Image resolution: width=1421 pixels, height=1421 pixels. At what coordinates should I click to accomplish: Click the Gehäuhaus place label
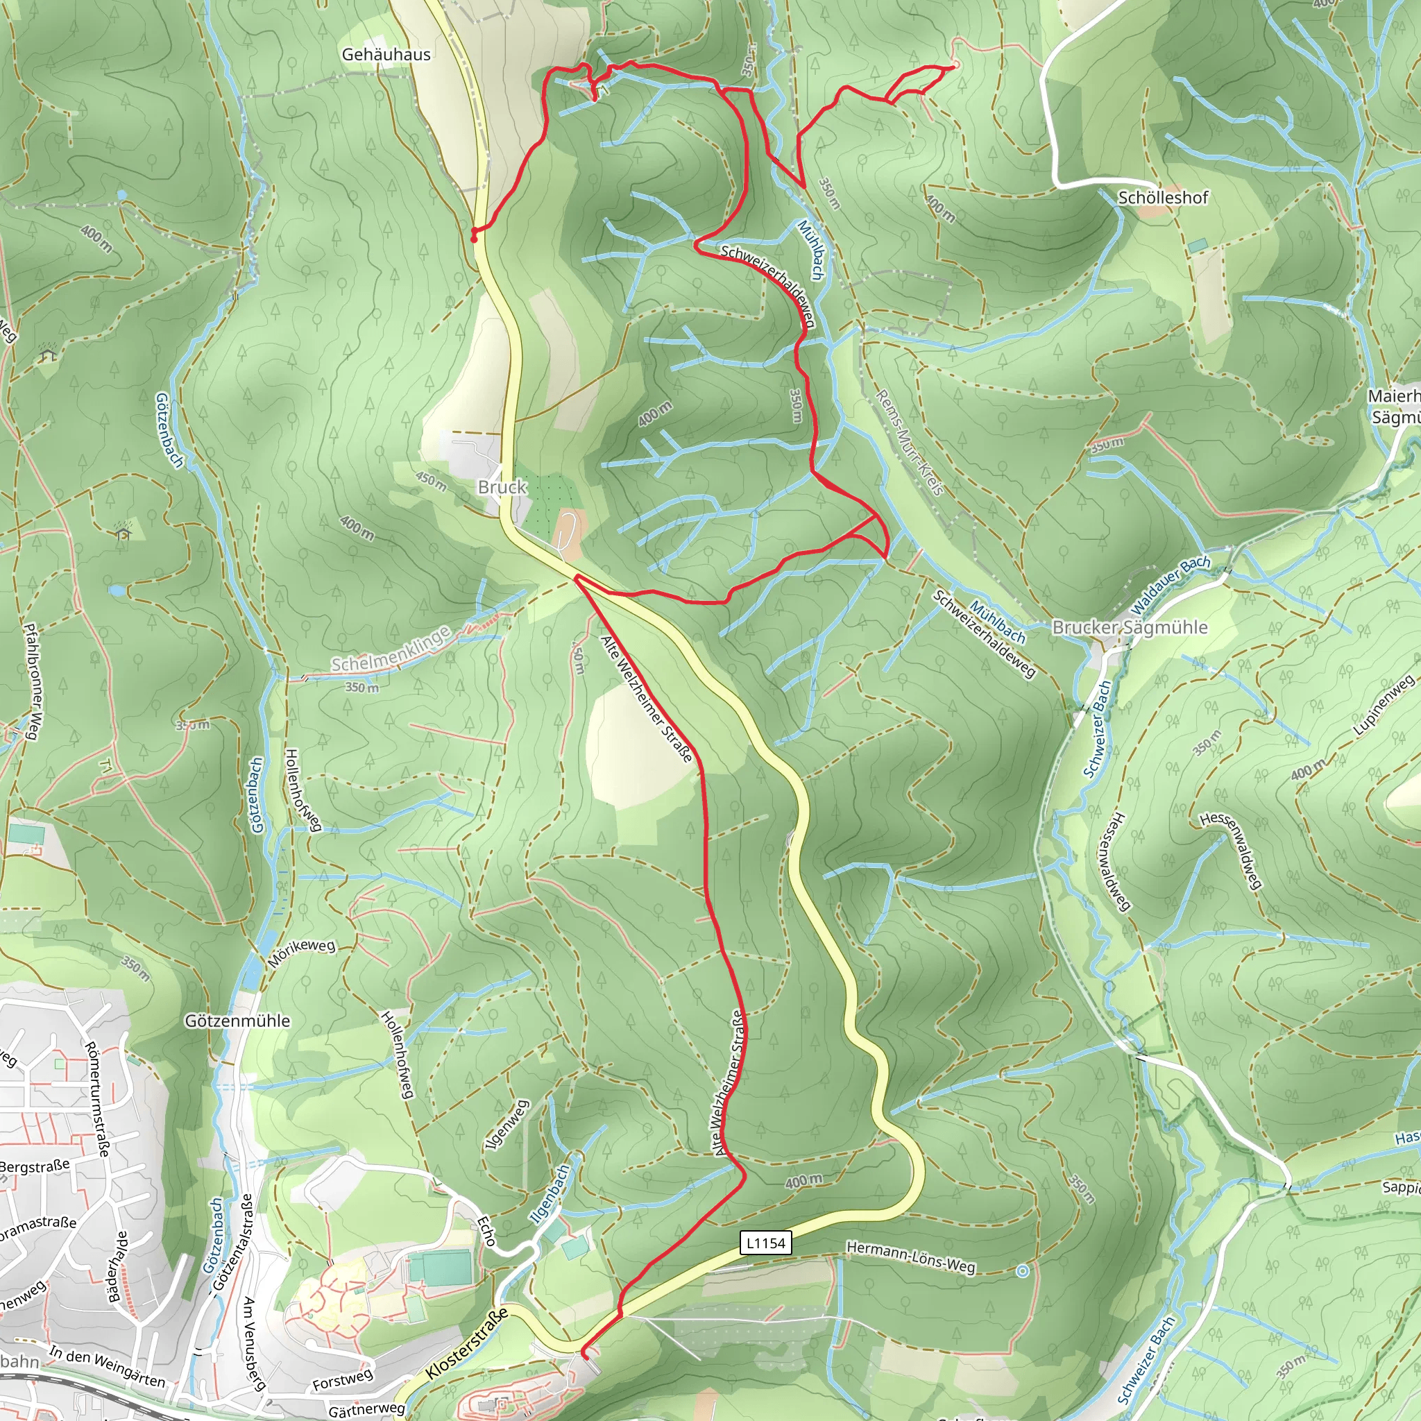[386, 54]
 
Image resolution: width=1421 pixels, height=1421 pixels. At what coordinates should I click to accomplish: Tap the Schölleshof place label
[1163, 198]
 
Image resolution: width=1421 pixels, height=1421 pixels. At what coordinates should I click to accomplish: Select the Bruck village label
[502, 487]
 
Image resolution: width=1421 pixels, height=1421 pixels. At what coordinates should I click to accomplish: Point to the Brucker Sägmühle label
[1130, 627]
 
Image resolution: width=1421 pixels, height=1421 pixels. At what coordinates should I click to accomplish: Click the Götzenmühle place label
[237, 1021]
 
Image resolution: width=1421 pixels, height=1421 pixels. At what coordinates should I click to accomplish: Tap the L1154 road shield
[766, 1243]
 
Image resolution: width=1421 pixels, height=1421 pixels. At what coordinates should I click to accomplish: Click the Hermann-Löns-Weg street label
[910, 1257]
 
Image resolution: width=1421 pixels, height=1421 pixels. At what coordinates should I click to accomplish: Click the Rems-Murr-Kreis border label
[909, 443]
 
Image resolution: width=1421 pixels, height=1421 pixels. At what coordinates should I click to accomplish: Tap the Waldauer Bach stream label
[1171, 586]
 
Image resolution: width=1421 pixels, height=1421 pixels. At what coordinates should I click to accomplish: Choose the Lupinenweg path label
[1384, 706]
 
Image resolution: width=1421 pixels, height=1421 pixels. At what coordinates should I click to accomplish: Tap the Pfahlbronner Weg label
[34, 681]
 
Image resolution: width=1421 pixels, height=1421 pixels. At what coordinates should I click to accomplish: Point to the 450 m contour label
[431, 482]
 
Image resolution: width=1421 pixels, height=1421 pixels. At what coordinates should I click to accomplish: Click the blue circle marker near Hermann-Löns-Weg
[1022, 1270]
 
